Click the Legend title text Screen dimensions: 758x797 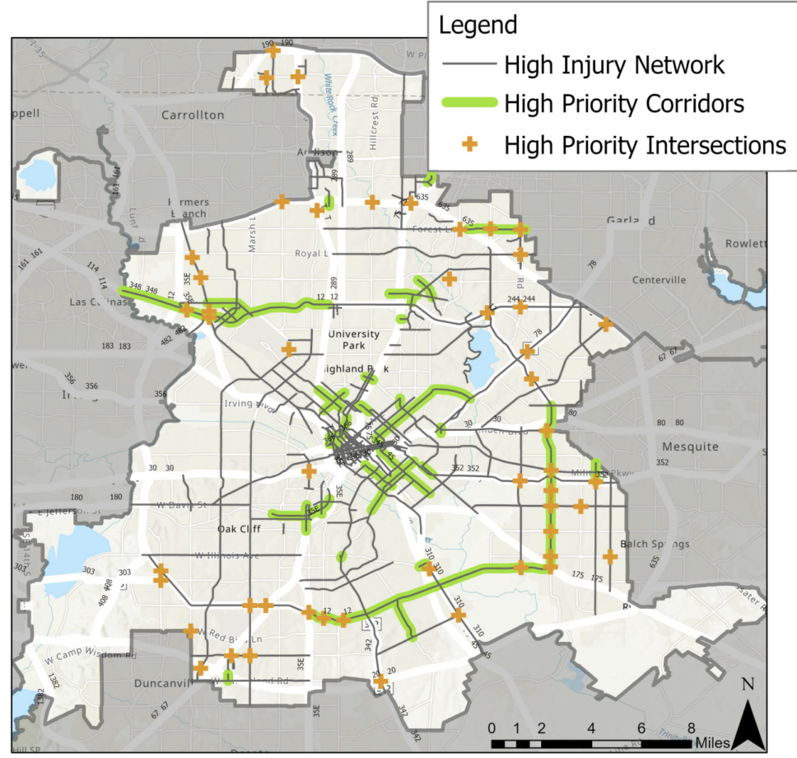pos(478,25)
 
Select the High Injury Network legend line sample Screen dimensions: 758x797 pos(468,64)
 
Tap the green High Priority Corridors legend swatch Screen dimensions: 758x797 pos(468,104)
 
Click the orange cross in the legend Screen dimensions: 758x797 pos(469,145)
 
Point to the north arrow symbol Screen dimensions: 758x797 pos(748,718)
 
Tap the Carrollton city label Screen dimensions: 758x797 pos(193,115)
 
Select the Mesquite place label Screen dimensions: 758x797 pos(690,447)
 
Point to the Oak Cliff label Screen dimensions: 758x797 pos(240,528)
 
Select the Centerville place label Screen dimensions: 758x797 pos(659,279)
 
